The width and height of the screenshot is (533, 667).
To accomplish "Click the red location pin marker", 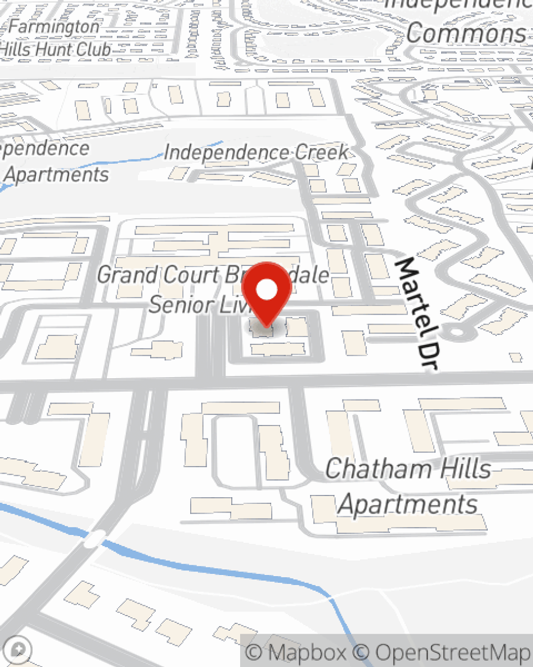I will pos(266,291).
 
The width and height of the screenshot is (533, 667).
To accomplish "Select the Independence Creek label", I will pos(256,153).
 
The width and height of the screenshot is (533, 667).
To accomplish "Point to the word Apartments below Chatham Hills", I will pos(408,504).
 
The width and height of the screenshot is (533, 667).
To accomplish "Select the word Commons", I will pos(466,33).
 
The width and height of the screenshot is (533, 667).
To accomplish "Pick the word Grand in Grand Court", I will pos(127,275).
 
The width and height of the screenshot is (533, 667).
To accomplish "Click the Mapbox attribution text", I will pos(296,653).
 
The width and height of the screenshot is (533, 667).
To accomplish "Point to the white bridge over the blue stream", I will pos(95,538).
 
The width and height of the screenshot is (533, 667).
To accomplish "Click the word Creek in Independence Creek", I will pos(321,153).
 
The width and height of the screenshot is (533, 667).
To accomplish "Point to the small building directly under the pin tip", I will pos(261,330).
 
